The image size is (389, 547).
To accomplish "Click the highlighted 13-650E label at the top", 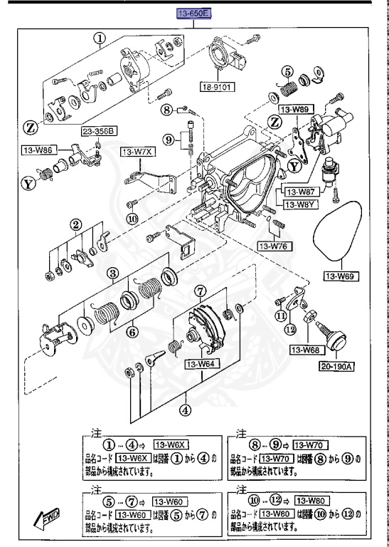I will [195, 11].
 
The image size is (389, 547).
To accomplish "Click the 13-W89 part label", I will [294, 110].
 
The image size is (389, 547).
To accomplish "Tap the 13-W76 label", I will [272, 246].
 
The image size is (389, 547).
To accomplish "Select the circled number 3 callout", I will [112, 273].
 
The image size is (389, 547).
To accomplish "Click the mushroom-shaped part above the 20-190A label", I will [331, 338].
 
